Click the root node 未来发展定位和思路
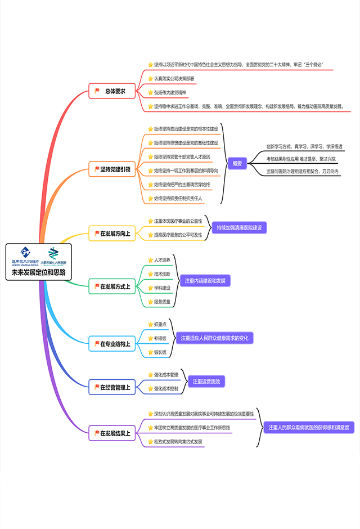[x=39, y=272]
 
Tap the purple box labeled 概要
[x=237, y=163]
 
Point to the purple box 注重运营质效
[x=206, y=382]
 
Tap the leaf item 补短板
[x=160, y=338]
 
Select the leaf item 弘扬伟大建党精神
[x=170, y=92]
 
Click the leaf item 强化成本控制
[x=166, y=388]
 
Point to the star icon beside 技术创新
[x=150, y=274]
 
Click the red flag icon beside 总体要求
[x=97, y=91]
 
